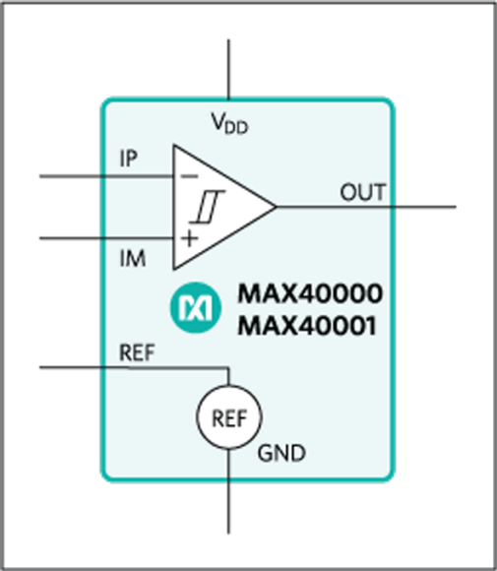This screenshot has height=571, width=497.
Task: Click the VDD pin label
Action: tap(229, 123)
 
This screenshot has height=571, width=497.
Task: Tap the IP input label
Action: tap(129, 159)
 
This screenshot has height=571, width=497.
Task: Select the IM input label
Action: tap(133, 259)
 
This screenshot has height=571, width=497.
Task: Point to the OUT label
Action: tap(362, 192)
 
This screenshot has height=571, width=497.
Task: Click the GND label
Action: tap(281, 454)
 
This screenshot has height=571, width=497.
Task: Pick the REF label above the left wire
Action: tap(137, 352)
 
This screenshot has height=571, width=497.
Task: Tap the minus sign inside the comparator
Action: tap(189, 176)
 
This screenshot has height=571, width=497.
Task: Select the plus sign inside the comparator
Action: tap(189, 239)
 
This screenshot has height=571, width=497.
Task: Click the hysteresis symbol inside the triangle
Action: tap(208, 207)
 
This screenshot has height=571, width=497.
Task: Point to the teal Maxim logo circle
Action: tap(196, 308)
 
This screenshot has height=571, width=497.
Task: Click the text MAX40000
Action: tap(310, 293)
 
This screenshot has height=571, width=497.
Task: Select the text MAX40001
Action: tap(307, 326)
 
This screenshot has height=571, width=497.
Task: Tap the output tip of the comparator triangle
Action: tap(276, 207)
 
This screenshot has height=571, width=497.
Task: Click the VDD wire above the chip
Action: tap(228, 69)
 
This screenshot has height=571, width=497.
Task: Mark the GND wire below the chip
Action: tap(228, 508)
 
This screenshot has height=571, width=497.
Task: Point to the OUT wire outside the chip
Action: tap(425, 207)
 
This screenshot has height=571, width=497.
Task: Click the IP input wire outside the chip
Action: tap(70, 176)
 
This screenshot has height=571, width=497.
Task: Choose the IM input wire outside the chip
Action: tap(70, 238)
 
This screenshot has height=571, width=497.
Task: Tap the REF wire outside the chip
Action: tap(70, 367)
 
